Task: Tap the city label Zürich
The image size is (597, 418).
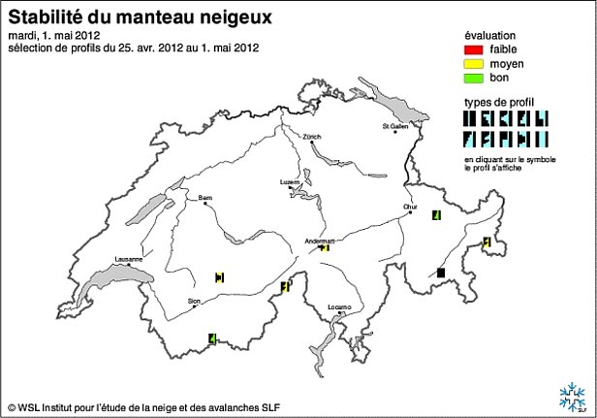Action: pos(311,137)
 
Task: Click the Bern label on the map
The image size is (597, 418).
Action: pos(205,197)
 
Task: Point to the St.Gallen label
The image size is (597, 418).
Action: pos(395,126)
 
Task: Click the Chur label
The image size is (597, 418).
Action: pos(411,207)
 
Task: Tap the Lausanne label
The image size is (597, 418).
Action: pos(128,259)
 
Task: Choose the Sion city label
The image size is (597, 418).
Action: pos(194,302)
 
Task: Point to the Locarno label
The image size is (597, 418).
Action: pos(339,306)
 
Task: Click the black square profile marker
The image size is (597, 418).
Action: pos(441,274)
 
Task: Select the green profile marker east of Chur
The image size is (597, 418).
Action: pos(437,214)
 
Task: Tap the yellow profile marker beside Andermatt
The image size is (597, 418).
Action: pos(326,248)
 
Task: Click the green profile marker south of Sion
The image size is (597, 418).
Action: pos(211,338)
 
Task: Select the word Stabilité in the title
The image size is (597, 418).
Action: pos(41,16)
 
